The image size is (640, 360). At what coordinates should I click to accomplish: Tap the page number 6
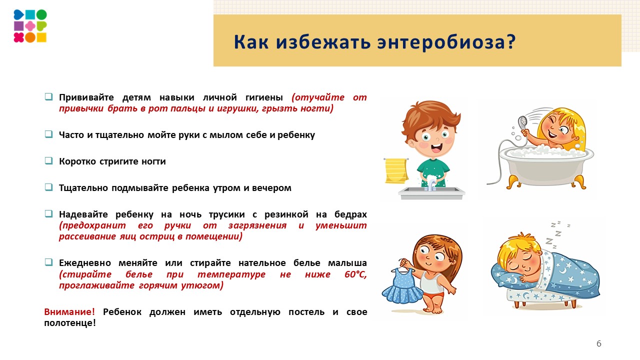tap(599, 343)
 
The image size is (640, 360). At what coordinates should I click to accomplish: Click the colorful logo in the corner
tap(30, 26)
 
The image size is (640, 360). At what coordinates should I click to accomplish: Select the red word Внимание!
tap(69, 312)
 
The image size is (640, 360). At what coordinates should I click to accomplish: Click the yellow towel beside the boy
tap(396, 170)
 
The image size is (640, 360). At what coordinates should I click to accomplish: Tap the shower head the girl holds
tap(523, 121)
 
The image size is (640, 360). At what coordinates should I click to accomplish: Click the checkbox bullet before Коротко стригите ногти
tap(48, 161)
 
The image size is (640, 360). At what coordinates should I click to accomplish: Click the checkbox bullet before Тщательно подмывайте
tap(48, 187)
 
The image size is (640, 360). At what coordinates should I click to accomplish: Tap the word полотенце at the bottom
tap(70, 323)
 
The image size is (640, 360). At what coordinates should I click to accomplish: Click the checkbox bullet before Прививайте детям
tap(48, 96)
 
